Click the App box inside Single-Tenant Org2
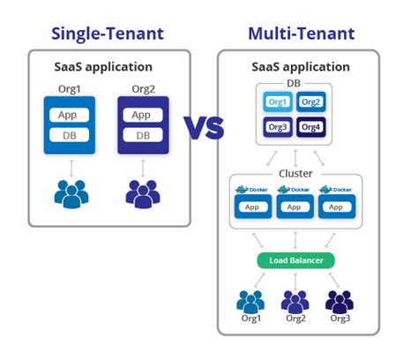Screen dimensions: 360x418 point(141,116)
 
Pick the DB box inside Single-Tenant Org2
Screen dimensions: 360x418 point(141,135)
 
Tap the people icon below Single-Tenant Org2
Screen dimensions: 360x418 point(141,192)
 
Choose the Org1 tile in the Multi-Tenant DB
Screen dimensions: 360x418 point(278,102)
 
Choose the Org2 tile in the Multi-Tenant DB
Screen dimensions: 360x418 point(311,102)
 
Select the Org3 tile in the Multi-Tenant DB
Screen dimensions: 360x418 point(278,127)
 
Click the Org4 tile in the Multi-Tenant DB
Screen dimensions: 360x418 point(311,127)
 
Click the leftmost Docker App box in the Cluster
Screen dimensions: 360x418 point(252,208)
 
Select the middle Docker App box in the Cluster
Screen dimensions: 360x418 point(295,208)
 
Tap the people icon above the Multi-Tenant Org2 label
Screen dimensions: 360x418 point(295,300)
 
